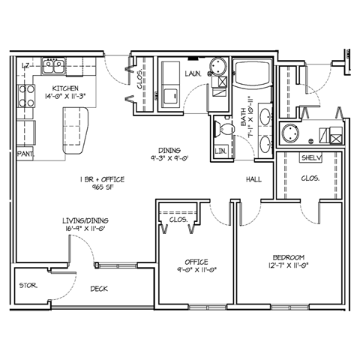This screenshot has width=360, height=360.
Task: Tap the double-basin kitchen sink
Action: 52,66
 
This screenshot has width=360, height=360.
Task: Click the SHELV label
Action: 311,158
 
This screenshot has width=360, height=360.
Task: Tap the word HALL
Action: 254,180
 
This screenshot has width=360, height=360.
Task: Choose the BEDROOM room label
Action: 288,256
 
